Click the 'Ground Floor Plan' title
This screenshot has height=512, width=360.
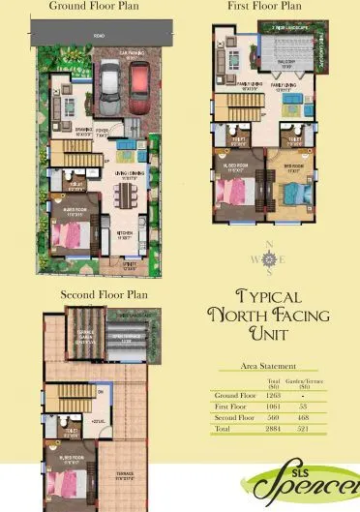(80, 6)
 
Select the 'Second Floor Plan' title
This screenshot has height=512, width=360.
(104, 293)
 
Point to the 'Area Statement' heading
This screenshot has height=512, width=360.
(271, 368)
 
